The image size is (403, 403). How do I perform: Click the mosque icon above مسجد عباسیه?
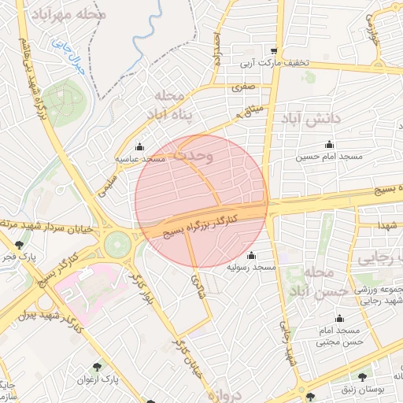click(140, 146)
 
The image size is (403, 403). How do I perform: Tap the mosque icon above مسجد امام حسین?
click(329, 144)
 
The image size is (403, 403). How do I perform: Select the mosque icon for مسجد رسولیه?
click(251, 255)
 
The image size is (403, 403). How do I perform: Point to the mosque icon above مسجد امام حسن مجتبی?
click(339, 318)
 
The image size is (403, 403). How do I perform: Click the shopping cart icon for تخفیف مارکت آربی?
click(274, 50)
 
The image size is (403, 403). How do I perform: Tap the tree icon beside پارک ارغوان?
click(97, 366)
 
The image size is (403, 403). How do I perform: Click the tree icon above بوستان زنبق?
click(361, 378)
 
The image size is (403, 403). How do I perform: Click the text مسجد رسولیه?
click(252, 268)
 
